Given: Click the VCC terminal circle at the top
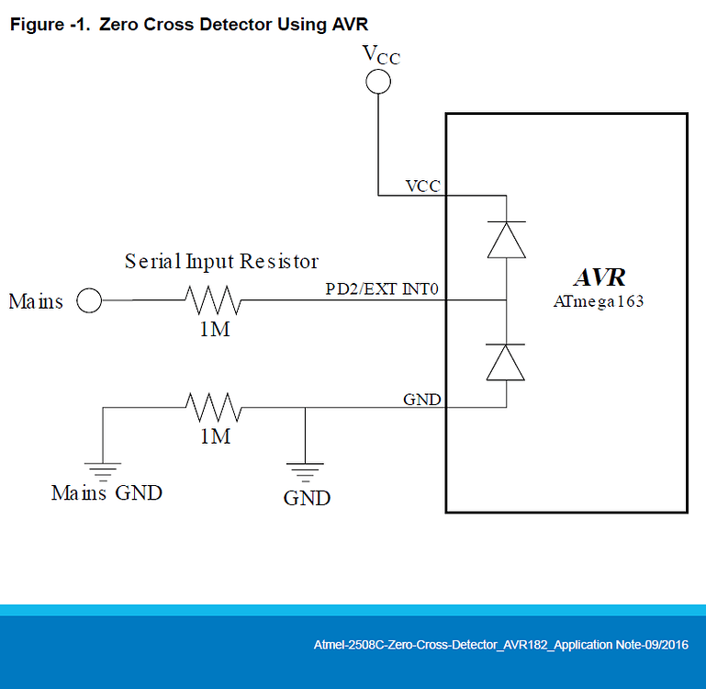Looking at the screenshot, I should pos(378,83).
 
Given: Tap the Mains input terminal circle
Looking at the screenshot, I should pos(89,300).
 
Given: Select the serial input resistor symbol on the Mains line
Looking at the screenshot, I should pos(213,300).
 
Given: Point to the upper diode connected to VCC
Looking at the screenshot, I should pos(506,240).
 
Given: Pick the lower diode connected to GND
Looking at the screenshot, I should pos(506,361).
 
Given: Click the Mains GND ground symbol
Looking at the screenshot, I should pos(104,469).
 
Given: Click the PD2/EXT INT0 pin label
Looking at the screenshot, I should pos(383,289).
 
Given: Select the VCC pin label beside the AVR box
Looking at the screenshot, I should pos(422,186).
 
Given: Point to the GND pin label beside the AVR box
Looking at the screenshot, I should pos(421,400).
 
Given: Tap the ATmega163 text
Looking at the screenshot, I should pos(599,301).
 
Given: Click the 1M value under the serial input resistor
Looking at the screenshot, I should pos(214,330).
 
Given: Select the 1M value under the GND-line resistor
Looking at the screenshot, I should pos(214,436).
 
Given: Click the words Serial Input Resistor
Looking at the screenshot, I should pos(221,262).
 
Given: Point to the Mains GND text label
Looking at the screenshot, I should pos(106,493).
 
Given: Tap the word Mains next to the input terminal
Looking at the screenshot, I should pos(36,301).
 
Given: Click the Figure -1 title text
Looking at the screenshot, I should pos(188,25).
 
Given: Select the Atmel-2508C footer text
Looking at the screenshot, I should pos(500,645).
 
